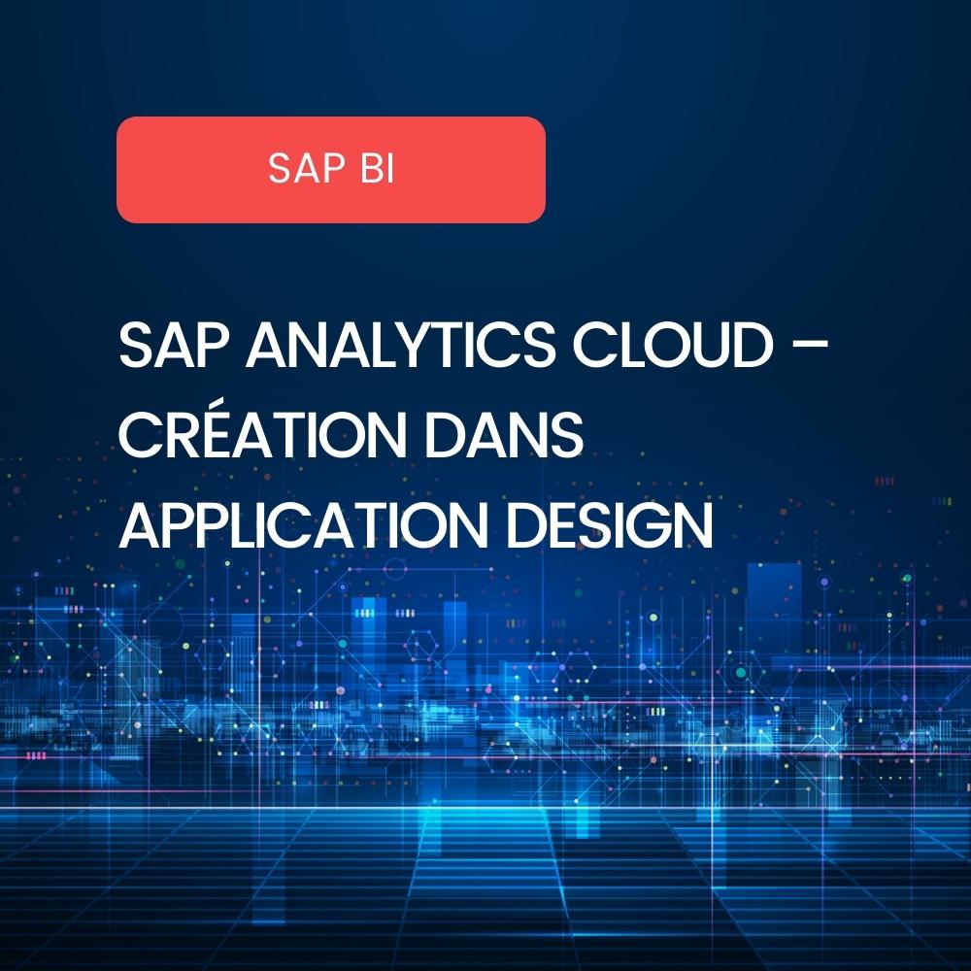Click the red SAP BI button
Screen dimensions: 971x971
pyautogui.click(x=330, y=170)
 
